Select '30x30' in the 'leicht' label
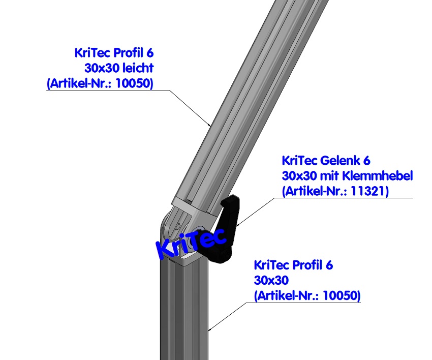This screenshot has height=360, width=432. [x=100, y=68]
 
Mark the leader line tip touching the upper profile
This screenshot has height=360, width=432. [x=210, y=125]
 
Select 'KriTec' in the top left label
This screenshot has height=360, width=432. [x=92, y=52]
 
